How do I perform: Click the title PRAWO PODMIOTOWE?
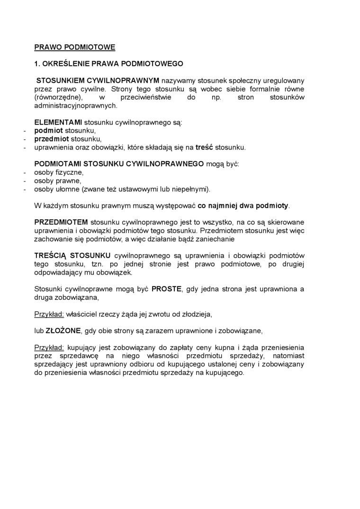coord(74,47)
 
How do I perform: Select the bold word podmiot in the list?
coord(48,131)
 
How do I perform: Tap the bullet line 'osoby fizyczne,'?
coord(58,172)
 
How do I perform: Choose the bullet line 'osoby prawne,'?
coord(57,181)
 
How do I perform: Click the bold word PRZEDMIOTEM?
coord(61,222)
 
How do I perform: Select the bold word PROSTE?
coord(166,289)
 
